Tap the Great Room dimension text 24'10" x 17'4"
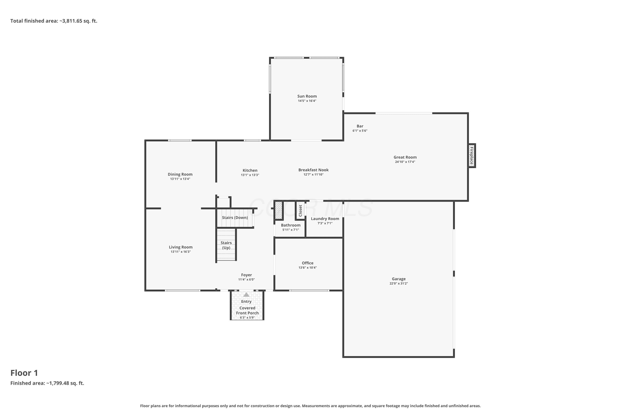pyautogui.click(x=405, y=162)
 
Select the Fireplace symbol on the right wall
pyautogui.click(x=472, y=155)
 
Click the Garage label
pyautogui.click(x=399, y=279)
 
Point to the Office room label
pyautogui.click(x=308, y=263)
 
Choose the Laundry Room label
pyautogui.click(x=325, y=219)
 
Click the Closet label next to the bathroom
pyautogui.click(x=300, y=211)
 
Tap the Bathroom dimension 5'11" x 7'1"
pyautogui.click(x=290, y=230)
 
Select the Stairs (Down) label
pyautogui.click(x=235, y=218)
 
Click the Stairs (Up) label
pyautogui.click(x=226, y=245)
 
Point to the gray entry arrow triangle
pyautogui.click(x=246, y=294)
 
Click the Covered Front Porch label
pyautogui.click(x=247, y=310)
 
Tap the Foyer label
pyautogui.click(x=246, y=275)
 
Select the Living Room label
pyautogui.click(x=181, y=247)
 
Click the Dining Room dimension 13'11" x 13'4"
pyautogui.click(x=180, y=179)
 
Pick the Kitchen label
pyautogui.click(x=250, y=170)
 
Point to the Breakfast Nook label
pyautogui.click(x=313, y=170)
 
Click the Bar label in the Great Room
pyautogui.click(x=360, y=126)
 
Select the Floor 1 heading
pyautogui.click(x=24, y=373)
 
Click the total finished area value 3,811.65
pyautogui.click(x=72, y=21)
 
